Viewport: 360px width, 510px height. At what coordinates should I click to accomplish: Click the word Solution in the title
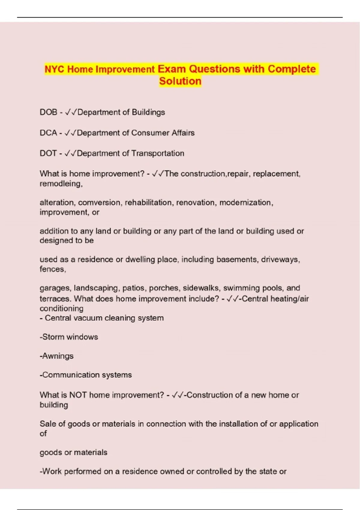[x=180, y=81]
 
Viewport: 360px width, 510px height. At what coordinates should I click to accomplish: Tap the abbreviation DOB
[x=48, y=112]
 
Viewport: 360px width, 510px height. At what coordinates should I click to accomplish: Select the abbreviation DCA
[x=48, y=133]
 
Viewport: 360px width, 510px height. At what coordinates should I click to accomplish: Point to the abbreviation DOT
[x=48, y=153]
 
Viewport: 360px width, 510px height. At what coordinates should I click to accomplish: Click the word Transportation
[x=158, y=153]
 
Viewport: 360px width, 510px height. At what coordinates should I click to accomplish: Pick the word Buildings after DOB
[x=148, y=112]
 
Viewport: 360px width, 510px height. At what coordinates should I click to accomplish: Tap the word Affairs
[x=183, y=133]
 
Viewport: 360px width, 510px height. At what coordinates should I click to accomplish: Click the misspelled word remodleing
[x=61, y=184]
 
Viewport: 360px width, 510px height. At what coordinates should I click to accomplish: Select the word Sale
[x=47, y=424]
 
